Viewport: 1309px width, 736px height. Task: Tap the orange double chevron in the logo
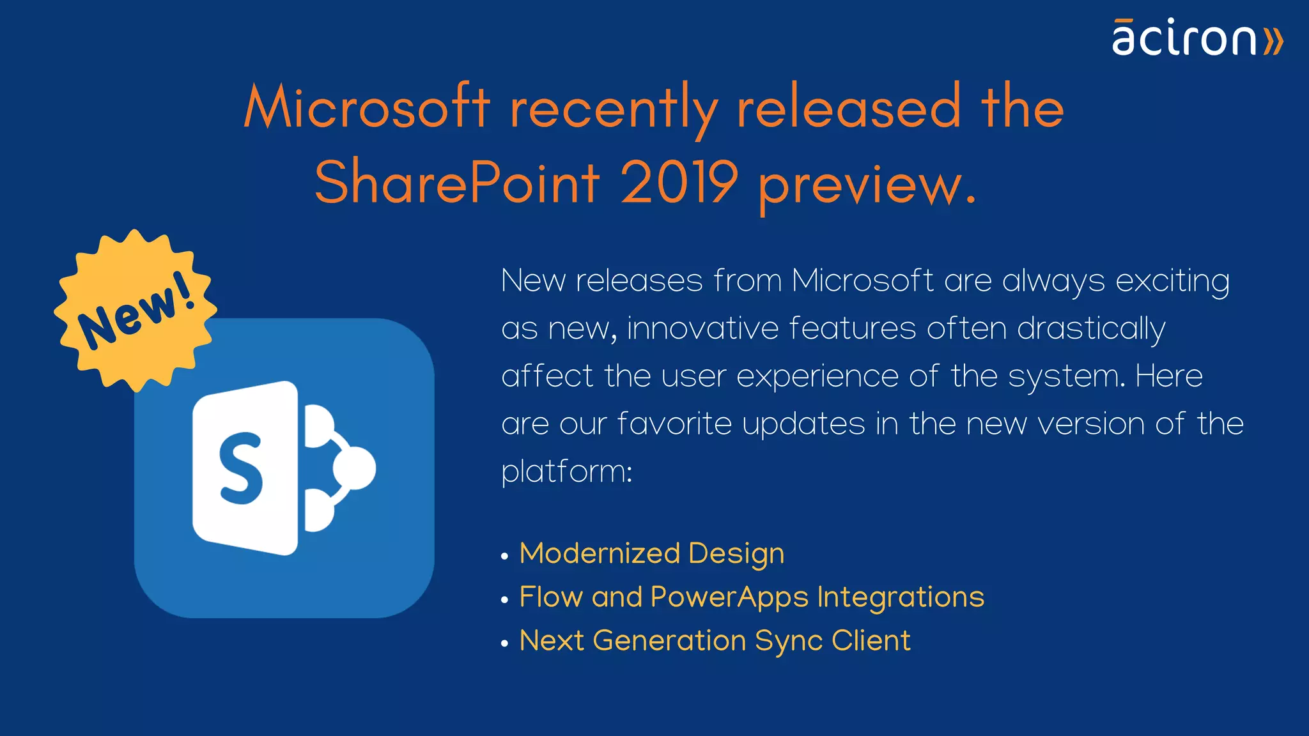tap(1273, 41)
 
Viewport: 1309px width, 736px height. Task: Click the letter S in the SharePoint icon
tap(242, 468)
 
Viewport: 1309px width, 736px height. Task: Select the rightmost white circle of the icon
tap(355, 468)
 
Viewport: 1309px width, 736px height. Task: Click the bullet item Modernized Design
tap(651, 553)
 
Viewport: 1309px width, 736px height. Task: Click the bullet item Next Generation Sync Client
tap(715, 641)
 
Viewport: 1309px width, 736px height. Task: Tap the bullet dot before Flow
tap(505, 600)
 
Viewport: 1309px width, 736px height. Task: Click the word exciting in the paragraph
tap(1172, 282)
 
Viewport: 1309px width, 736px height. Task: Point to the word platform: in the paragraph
tap(566, 472)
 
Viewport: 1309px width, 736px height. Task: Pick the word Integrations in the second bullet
tap(900, 597)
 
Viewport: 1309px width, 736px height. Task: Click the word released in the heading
tap(848, 108)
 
